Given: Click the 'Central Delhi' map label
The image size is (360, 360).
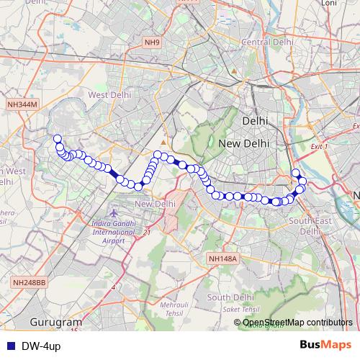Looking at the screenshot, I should (x=268, y=43).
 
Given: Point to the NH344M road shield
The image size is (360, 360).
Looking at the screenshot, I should (x=21, y=105).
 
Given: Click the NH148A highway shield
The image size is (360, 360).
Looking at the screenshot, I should (x=222, y=258).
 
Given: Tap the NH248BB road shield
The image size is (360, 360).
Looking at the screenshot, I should (x=29, y=283).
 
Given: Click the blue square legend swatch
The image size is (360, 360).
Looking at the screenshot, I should (x=9, y=346).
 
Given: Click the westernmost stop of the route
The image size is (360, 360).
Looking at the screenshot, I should (x=57, y=139).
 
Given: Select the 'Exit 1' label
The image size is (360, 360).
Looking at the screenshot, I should (x=318, y=146).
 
